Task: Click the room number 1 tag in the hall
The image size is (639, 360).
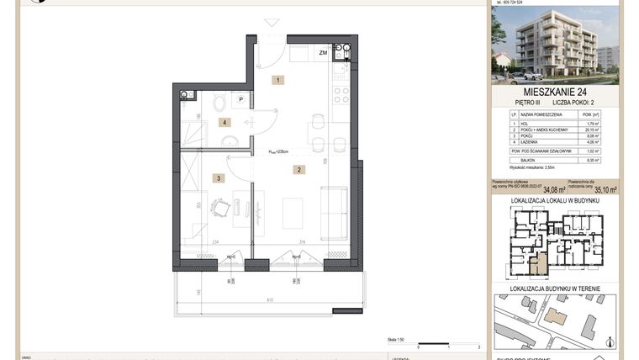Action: pyautogui.click(x=277, y=80)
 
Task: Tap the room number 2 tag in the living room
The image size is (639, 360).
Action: pyautogui.click(x=298, y=170)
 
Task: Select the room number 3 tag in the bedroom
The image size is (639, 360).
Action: pyautogui.click(x=218, y=177)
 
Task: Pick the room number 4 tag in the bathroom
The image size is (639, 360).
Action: pyautogui.click(x=224, y=123)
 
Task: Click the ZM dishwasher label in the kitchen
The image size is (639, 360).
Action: pyautogui.click(x=323, y=53)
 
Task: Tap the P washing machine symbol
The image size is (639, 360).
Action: pyautogui.click(x=240, y=99)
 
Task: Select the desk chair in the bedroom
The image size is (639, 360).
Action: pyautogui.click(x=219, y=207)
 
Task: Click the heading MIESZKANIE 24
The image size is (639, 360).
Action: pyautogui.click(x=555, y=92)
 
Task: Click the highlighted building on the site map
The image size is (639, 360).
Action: pyautogui.click(x=554, y=316)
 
